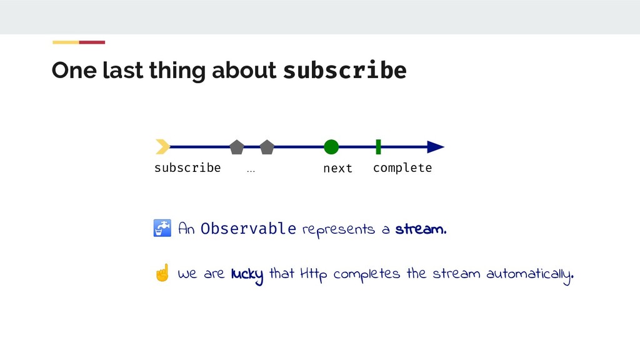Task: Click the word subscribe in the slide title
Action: coord(344,71)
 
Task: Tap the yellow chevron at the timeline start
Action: coord(162,147)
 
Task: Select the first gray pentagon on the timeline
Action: coord(236,147)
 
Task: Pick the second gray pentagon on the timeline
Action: coord(267,147)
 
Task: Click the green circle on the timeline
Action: coord(331,147)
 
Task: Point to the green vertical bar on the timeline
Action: coord(378,147)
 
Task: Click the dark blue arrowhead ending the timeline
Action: coord(435,147)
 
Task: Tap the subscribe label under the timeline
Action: coord(187,167)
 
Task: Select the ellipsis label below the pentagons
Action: coord(251,169)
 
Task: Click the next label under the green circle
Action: coord(337,168)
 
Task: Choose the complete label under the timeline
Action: coord(402,167)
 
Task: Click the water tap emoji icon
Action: coord(162,229)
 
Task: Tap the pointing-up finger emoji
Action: coord(162,273)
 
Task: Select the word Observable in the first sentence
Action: coord(248,229)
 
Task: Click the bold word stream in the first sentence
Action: coord(421,229)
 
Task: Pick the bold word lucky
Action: coord(247,274)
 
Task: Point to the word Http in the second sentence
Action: coord(314,274)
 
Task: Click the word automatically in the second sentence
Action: coord(529,274)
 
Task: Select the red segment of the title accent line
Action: coord(92,42)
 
